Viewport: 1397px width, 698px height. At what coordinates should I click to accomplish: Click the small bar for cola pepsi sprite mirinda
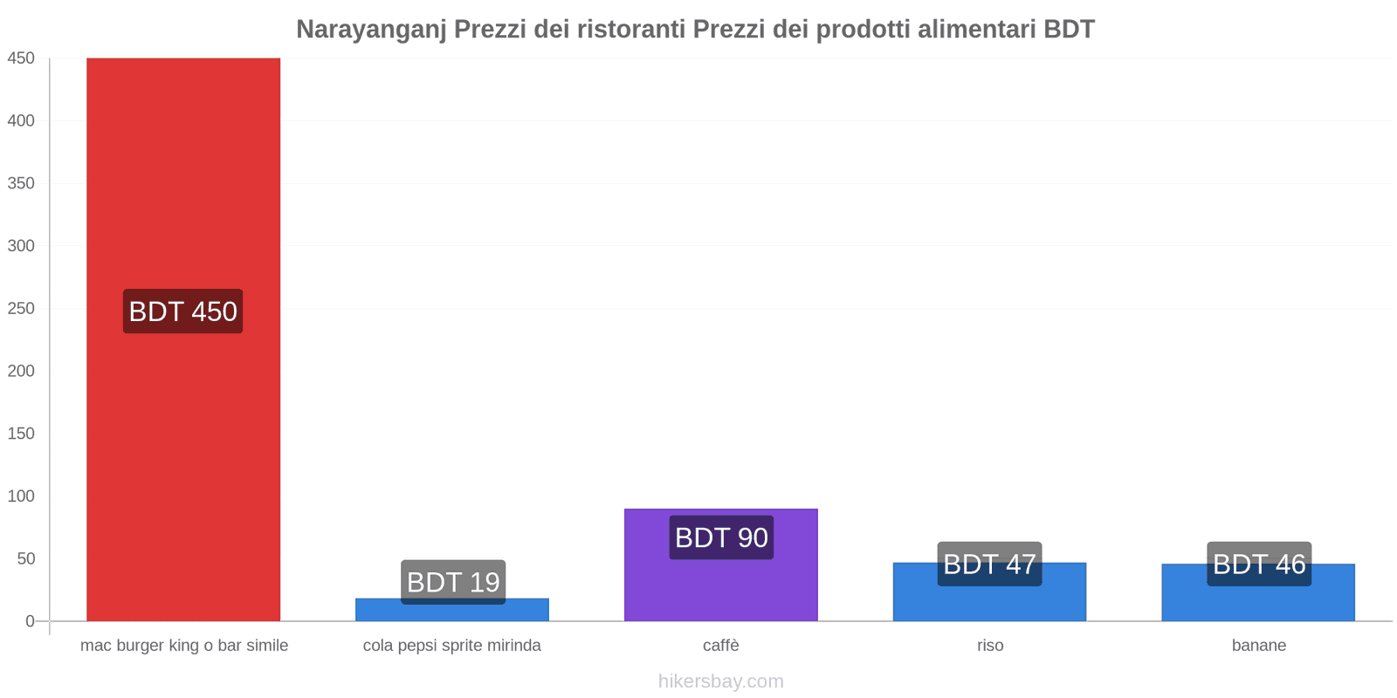452,612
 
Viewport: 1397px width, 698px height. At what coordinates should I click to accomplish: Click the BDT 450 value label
183,311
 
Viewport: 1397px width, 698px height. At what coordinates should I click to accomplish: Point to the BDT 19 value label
453,582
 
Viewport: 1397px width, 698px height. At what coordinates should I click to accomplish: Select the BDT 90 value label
721,537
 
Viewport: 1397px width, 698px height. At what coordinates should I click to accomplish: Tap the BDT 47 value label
989,564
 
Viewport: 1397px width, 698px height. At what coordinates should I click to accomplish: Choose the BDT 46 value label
1259,564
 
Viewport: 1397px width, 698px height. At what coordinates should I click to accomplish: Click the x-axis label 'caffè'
721,646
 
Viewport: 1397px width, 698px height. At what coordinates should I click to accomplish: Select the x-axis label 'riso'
990,646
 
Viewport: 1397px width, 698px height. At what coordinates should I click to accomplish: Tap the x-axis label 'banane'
1259,646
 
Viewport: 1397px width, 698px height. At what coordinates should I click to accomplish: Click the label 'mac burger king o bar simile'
184,646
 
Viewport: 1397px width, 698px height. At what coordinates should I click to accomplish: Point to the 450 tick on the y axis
21,58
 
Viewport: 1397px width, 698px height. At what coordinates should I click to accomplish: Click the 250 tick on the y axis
21,309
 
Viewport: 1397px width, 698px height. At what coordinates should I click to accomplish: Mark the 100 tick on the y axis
21,496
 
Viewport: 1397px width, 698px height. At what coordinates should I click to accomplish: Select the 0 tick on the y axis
30,621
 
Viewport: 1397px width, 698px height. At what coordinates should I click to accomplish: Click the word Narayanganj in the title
371,30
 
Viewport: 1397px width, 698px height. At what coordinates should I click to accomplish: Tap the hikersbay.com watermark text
721,681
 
